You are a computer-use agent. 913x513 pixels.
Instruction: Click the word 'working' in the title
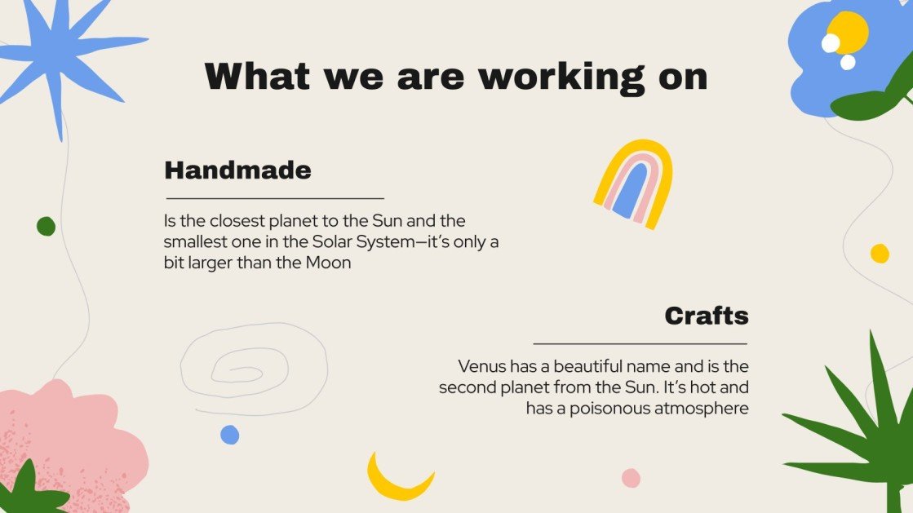coord(552,76)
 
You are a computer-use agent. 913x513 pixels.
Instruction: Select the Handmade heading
coord(237,170)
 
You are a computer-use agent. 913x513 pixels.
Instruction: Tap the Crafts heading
coord(706,316)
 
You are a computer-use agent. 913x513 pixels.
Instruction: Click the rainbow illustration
coord(633,184)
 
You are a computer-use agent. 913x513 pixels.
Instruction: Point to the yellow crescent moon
coord(396,480)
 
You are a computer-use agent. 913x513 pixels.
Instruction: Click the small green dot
coord(46,226)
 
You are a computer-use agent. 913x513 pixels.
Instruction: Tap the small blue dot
coord(230,435)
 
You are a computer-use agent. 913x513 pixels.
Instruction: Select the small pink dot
coord(631,478)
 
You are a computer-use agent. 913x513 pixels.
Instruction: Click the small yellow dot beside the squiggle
coord(880,254)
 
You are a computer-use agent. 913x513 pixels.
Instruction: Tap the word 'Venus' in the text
coord(481,366)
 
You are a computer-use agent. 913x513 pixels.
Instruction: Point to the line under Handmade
coord(275,198)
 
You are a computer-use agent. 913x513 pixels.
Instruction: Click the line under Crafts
coord(640,344)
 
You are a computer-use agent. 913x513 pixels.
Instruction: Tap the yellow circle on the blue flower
coord(849,31)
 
